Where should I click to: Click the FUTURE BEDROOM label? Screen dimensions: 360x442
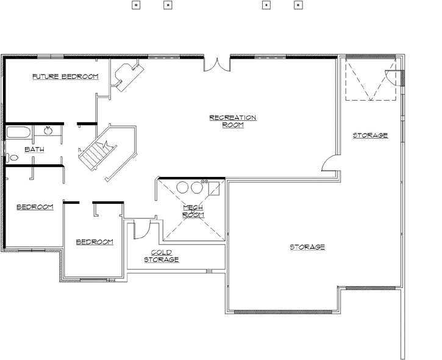(x=65, y=76)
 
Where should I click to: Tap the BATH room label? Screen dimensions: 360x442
(x=34, y=149)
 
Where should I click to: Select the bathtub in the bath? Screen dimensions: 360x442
(x=19, y=132)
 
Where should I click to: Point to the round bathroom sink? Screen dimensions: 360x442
(x=48, y=130)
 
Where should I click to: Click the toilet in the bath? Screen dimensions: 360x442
(x=13, y=157)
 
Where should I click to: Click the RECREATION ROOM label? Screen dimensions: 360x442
(x=233, y=121)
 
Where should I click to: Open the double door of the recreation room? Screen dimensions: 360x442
(x=217, y=65)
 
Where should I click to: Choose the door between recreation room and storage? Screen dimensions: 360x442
(x=329, y=162)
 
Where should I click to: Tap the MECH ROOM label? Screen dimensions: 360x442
(x=193, y=211)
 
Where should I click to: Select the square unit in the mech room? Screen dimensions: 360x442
(x=215, y=188)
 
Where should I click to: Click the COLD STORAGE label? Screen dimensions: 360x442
(x=162, y=256)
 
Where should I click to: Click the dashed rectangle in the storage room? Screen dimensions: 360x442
(x=370, y=79)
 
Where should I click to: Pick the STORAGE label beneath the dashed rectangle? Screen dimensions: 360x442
(x=370, y=135)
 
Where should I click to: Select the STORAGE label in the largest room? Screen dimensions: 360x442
(x=307, y=247)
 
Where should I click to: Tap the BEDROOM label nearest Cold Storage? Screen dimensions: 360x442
(x=94, y=242)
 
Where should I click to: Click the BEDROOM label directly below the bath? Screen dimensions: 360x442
(x=35, y=207)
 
